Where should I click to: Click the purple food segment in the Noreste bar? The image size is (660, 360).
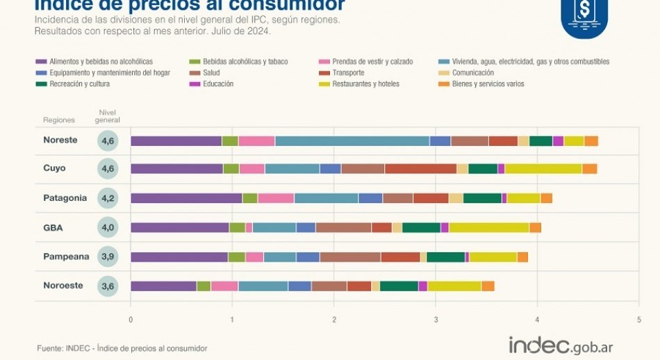pyautogui.click(x=176, y=141)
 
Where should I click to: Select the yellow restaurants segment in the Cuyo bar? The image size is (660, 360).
pyautogui.click(x=543, y=169)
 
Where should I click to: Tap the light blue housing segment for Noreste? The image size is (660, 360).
pyautogui.click(x=352, y=141)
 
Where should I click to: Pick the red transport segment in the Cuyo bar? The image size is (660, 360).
pyautogui.click(x=420, y=169)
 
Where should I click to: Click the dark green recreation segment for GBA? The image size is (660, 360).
pyautogui.click(x=421, y=227)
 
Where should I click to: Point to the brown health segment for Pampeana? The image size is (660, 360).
pyautogui.click(x=350, y=257)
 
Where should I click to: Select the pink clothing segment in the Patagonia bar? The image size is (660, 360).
pyautogui.click(x=276, y=198)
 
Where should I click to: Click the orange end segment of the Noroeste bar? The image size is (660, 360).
pyautogui.click(x=488, y=286)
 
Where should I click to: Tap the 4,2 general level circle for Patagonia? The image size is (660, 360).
pyautogui.click(x=108, y=198)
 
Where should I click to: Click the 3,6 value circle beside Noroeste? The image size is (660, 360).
pyautogui.click(x=108, y=286)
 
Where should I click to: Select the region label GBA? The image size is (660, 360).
pyautogui.click(x=53, y=227)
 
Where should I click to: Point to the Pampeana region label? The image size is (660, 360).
pyautogui.click(x=66, y=256)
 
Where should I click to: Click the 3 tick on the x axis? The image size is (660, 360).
pyautogui.click(x=436, y=320)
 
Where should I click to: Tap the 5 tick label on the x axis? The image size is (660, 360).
pyautogui.click(x=638, y=320)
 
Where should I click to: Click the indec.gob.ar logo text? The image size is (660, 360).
pyautogui.click(x=561, y=345)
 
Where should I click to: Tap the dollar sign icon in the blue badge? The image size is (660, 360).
pyautogui.click(x=584, y=10)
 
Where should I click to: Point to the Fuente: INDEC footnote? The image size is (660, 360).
pyautogui.click(x=122, y=348)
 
